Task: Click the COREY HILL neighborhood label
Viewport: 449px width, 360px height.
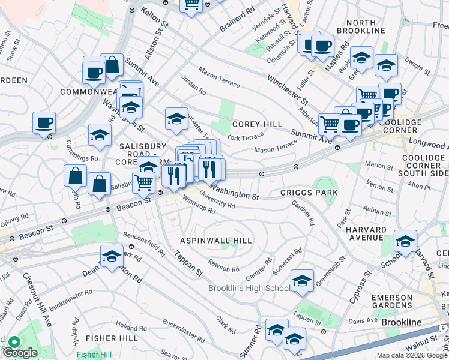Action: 257,124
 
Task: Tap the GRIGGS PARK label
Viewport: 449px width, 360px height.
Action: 309,193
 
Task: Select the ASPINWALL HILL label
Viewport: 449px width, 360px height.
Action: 217,241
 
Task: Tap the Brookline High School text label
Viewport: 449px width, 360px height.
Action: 249,288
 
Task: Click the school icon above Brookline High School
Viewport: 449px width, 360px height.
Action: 302,280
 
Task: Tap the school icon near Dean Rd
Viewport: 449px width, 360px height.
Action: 112,256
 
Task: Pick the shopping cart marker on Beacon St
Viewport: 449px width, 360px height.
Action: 143,182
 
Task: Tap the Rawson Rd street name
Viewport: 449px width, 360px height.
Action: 224,265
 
